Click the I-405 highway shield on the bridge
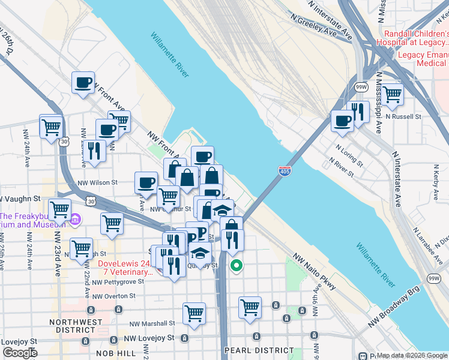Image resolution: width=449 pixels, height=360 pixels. [285, 172]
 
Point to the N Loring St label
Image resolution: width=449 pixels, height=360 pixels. [351, 155]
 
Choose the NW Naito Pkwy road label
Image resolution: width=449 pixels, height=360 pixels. [315, 273]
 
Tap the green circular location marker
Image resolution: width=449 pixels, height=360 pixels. [237, 265]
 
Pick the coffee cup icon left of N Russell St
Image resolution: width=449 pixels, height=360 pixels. [343, 121]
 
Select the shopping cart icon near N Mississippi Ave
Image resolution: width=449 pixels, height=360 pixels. [392, 94]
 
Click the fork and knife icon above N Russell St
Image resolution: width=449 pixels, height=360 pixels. [358, 112]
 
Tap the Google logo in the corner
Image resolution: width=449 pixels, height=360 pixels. [20, 353]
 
